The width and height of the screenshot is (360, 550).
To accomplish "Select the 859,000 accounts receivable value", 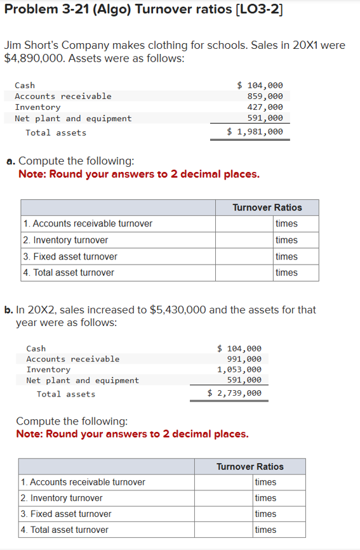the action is coord(265,96).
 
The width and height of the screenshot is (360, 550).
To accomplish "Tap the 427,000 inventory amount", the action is coord(265,107).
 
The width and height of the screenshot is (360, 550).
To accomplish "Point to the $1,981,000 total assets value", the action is coord(255,132).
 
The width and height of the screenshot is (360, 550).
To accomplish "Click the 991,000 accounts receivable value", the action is coord(243,359).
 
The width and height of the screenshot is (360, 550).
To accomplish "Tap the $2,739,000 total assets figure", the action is coord(234,393).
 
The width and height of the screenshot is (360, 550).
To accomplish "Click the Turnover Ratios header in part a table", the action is coord(267,207).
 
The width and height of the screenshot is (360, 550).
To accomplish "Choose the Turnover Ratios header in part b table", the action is coord(250,466).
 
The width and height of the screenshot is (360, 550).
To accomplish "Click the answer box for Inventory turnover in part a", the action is coord(244,240).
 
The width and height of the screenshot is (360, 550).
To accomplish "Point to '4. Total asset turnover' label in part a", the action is coord(69,273).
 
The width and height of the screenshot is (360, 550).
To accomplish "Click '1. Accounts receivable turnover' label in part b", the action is coord(83,482).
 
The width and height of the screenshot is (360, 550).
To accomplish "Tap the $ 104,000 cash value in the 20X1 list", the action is coord(260,85).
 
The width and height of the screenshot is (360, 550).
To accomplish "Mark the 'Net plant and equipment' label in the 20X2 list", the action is coord(83,381).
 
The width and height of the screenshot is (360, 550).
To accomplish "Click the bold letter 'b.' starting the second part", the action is coord(9,310).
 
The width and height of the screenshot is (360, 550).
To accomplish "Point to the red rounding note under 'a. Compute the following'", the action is coord(139,174).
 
